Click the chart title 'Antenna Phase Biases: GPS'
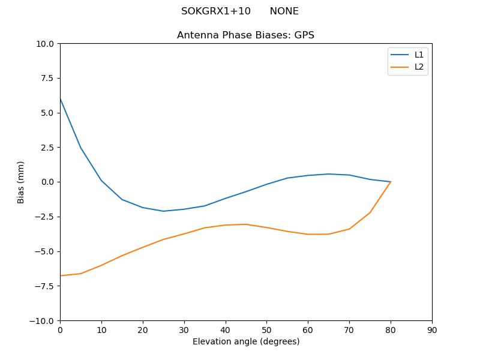tap(245, 35)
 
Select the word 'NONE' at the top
tap(284, 11)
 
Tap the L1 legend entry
tap(419, 55)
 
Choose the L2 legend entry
tap(419, 67)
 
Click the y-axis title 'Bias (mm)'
tap(21, 182)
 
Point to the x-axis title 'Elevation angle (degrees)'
tap(246, 342)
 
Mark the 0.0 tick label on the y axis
tap(49, 182)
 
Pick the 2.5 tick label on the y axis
tap(49, 148)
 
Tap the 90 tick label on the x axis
tap(432, 330)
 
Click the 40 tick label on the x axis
tap(226, 330)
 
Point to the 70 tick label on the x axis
tap(349, 330)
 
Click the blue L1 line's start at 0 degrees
tap(60, 98)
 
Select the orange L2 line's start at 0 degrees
tap(60, 275)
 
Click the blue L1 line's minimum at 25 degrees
tap(163, 211)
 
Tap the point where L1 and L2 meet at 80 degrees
tap(391, 182)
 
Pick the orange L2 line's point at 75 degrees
tap(370, 212)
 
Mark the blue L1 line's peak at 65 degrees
tap(329, 174)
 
